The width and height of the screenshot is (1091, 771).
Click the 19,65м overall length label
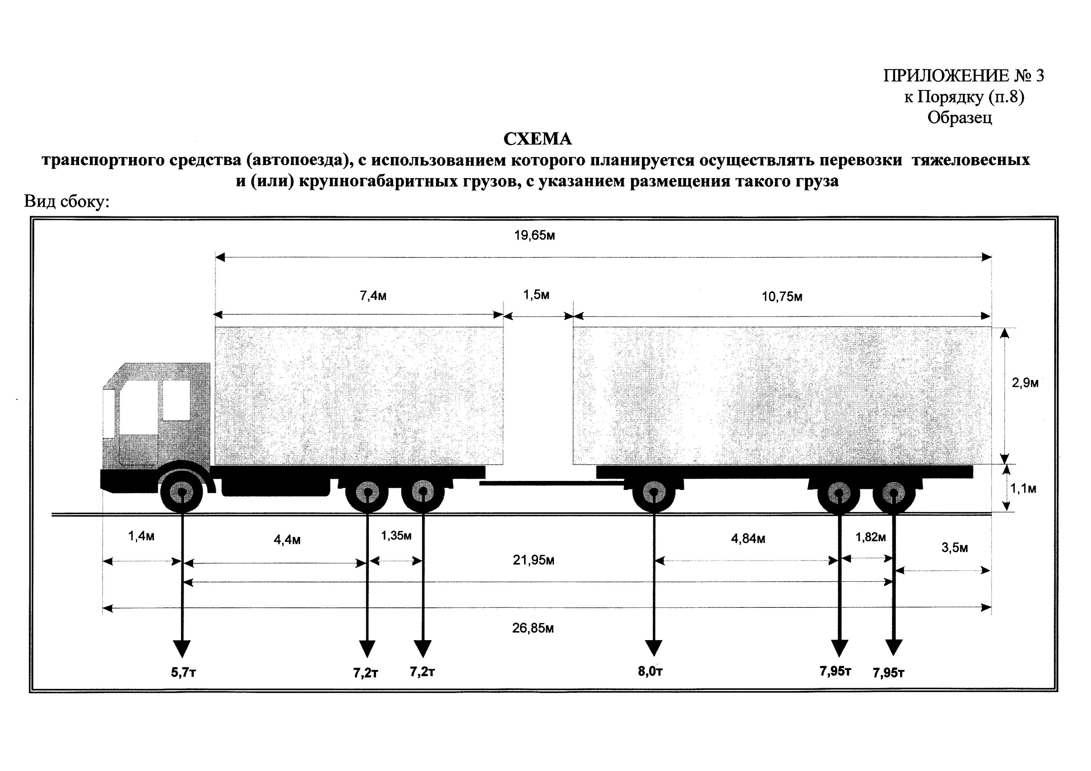coord(535,236)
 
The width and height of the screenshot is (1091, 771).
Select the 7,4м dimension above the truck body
coord(373,296)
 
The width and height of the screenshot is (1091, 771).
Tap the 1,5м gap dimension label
coord(536,295)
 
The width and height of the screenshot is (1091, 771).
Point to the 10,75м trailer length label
coord(782,297)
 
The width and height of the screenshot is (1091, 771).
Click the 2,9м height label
coord(1025,383)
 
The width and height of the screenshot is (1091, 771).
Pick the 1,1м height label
coord(1023,489)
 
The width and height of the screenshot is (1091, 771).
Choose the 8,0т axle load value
coord(650,671)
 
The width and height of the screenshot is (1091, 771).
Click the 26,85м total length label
coord(533,629)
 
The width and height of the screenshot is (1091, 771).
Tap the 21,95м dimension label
coord(533,561)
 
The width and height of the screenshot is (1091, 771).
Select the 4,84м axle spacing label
coord(748,539)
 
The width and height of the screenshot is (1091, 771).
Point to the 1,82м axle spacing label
coord(871,537)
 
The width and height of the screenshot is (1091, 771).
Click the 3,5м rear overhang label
coord(955,548)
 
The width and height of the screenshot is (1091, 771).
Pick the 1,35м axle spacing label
coord(396,536)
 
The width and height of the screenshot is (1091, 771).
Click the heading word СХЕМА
coord(537,139)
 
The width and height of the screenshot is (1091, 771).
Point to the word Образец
coord(960,117)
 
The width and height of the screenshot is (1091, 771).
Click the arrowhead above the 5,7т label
coord(181,649)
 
